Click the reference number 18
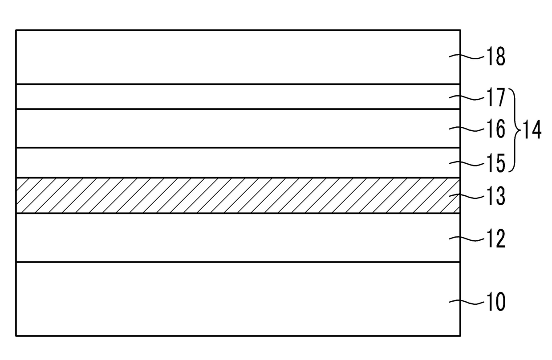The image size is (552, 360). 496,57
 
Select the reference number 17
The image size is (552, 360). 496,97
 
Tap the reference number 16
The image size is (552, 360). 496,129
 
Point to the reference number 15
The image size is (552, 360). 496,163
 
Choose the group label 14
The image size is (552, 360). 532,129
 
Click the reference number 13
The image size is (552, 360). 496,196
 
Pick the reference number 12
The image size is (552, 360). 496,238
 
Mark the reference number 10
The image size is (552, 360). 496,302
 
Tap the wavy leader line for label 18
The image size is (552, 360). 467,57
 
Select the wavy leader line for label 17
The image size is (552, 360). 467,97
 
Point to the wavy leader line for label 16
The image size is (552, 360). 467,129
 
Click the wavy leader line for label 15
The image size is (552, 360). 467,163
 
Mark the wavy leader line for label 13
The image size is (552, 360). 467,196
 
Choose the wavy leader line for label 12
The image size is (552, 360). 467,238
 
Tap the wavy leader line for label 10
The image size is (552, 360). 467,302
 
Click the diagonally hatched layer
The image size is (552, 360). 238,195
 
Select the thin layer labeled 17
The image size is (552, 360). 238,97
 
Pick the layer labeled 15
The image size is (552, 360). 238,162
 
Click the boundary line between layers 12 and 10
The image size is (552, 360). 238,262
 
